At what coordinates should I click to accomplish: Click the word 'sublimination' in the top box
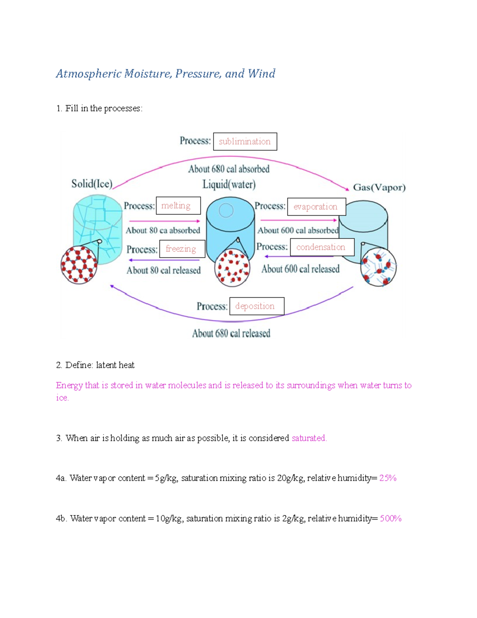(244, 141)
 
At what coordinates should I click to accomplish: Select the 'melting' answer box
(178, 206)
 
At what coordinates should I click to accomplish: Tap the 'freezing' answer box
(182, 249)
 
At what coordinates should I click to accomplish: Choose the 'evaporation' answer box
(316, 207)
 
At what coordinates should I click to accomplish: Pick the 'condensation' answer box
(322, 247)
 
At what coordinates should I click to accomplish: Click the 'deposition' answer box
(257, 306)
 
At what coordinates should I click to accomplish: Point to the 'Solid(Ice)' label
(92, 184)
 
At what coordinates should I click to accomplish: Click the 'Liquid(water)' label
(229, 185)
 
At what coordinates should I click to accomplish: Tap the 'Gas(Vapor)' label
(379, 187)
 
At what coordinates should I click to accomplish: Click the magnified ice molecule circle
(79, 265)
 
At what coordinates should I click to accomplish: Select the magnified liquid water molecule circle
(232, 268)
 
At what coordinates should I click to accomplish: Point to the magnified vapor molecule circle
(378, 267)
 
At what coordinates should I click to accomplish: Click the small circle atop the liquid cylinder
(226, 211)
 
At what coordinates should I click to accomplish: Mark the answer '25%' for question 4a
(388, 478)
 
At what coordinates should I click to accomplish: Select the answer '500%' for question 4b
(390, 519)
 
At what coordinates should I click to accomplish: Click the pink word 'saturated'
(309, 438)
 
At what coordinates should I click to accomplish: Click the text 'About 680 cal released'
(231, 333)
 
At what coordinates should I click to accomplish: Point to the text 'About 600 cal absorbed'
(298, 230)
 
